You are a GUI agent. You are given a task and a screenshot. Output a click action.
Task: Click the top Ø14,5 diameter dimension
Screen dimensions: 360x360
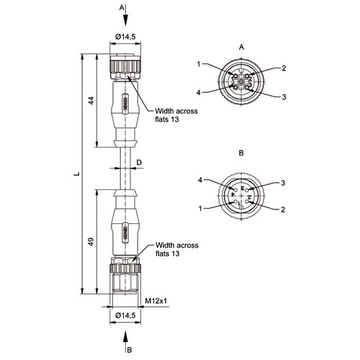[125, 37]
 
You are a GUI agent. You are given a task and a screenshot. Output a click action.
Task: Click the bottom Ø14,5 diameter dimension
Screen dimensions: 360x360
[125, 315]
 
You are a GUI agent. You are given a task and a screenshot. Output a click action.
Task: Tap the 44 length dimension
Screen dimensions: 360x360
[91, 101]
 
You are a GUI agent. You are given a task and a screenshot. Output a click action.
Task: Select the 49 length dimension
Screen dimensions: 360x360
[91, 242]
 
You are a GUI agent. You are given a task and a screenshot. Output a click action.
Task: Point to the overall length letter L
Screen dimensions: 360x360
[76, 174]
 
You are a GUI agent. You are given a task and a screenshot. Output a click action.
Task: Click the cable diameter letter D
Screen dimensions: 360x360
[139, 163]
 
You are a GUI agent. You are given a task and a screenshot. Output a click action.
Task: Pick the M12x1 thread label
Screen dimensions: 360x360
[156, 301]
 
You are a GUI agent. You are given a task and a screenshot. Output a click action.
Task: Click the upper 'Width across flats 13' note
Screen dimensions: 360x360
[176, 115]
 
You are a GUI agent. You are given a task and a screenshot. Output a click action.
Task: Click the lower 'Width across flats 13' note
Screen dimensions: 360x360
[177, 249]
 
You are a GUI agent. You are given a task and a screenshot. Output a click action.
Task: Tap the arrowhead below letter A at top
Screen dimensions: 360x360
[125, 20]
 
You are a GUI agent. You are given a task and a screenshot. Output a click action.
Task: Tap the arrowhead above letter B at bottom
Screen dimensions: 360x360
[125, 337]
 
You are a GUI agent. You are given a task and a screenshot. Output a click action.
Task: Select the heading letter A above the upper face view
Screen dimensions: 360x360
[241, 47]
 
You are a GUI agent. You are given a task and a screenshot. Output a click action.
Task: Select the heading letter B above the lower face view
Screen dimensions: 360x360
[241, 153]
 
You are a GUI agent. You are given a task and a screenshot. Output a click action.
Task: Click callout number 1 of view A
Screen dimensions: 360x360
[199, 64]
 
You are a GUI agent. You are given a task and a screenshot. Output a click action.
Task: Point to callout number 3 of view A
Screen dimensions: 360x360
[284, 97]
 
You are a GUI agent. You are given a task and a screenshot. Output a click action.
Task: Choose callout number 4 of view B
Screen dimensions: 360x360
[200, 180]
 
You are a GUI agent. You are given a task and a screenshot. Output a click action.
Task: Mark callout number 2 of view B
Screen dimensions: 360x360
[283, 210]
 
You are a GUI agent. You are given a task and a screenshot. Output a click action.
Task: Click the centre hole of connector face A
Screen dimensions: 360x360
[241, 82]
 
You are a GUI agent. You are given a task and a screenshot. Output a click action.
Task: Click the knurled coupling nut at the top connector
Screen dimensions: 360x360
[125, 64]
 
